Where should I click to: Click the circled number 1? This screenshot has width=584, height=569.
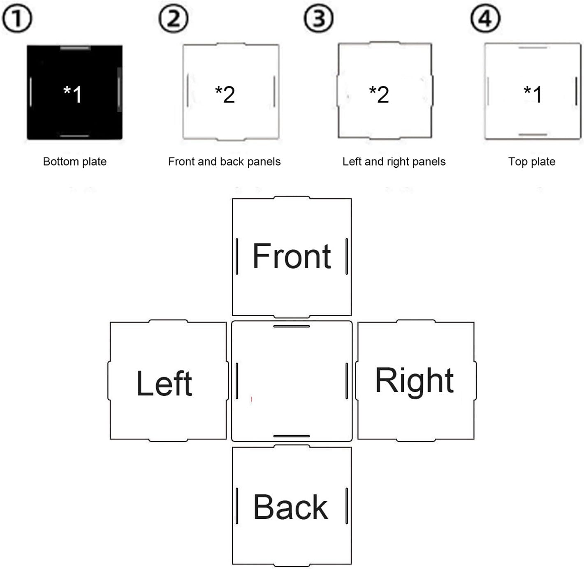click(17, 19)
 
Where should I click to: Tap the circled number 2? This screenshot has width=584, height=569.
click(174, 19)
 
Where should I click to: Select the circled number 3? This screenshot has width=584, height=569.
click(318, 19)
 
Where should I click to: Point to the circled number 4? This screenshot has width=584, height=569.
click(485, 19)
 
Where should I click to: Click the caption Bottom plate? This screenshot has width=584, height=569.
click(74, 162)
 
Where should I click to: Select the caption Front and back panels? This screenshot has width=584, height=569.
click(224, 162)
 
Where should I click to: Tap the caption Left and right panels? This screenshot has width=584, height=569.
click(394, 162)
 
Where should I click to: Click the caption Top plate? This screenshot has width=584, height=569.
click(531, 162)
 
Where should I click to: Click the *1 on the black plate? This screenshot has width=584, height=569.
click(73, 94)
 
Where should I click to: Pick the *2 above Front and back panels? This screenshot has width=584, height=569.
click(225, 94)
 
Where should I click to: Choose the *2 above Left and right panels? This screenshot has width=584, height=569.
click(379, 94)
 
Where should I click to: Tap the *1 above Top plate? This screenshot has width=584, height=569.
click(533, 94)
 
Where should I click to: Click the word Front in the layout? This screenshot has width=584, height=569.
click(292, 256)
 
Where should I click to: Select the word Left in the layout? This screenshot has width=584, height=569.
click(164, 383)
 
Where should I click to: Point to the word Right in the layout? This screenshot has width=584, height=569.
click(414, 381)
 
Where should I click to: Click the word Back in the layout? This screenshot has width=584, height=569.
click(290, 507)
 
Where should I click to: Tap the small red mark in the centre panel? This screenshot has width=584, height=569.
click(251, 399)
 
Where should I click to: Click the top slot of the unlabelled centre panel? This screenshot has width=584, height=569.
click(292, 326)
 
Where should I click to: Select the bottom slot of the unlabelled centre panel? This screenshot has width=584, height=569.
click(292, 436)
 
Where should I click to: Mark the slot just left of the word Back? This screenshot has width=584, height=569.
click(237, 506)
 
